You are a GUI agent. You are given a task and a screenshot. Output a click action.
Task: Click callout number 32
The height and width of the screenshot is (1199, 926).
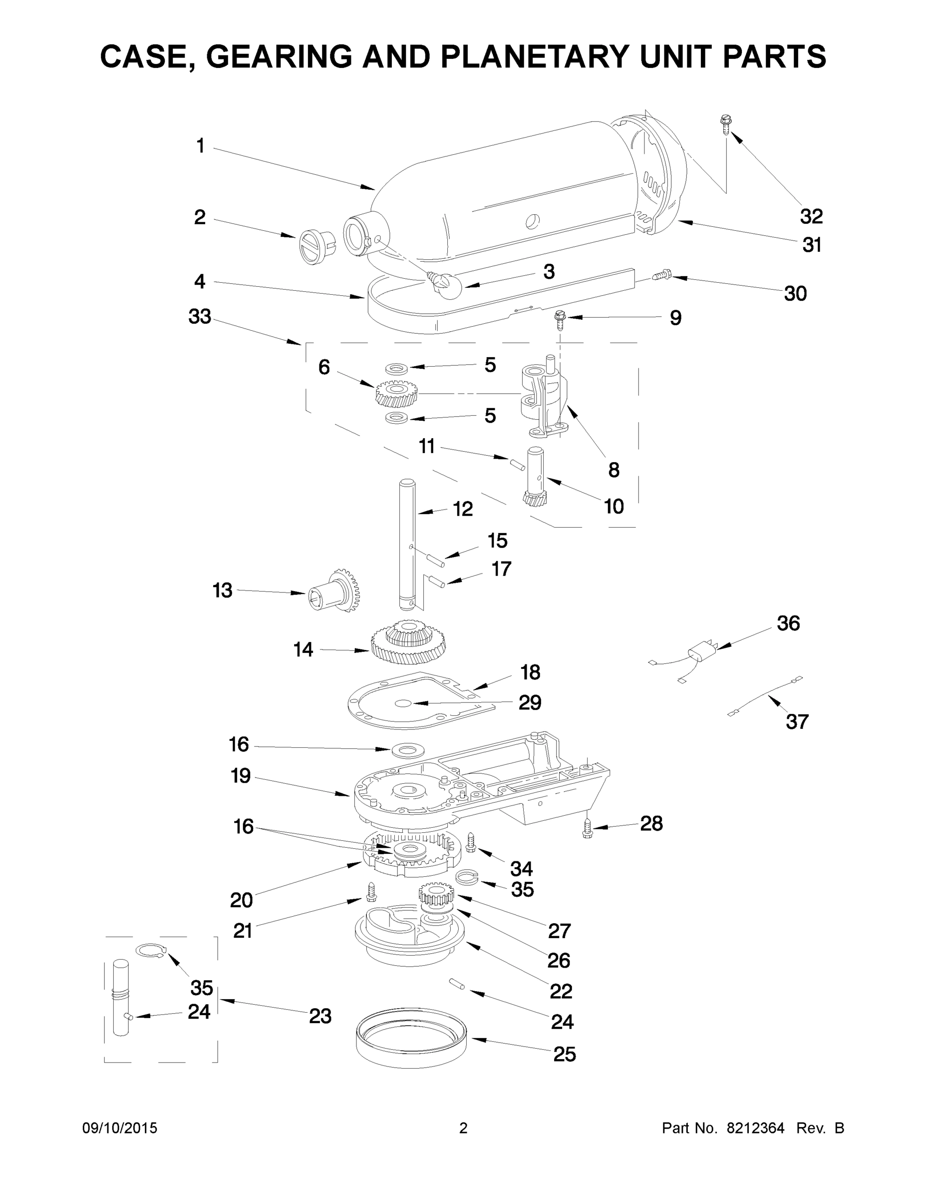pos(811,216)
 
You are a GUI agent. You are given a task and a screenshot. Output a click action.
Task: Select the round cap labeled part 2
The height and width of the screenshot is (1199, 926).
pos(316,244)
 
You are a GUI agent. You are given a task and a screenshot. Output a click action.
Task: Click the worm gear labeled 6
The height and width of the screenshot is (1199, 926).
pos(396,393)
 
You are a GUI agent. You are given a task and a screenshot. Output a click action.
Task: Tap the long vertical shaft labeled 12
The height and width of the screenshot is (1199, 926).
pos(408,544)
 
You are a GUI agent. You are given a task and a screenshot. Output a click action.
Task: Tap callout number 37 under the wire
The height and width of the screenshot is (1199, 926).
pos(797,721)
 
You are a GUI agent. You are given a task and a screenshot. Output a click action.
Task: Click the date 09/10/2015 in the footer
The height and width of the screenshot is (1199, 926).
pos(120,1128)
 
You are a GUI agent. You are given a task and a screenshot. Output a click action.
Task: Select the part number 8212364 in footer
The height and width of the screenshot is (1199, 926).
pos(755,1128)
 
